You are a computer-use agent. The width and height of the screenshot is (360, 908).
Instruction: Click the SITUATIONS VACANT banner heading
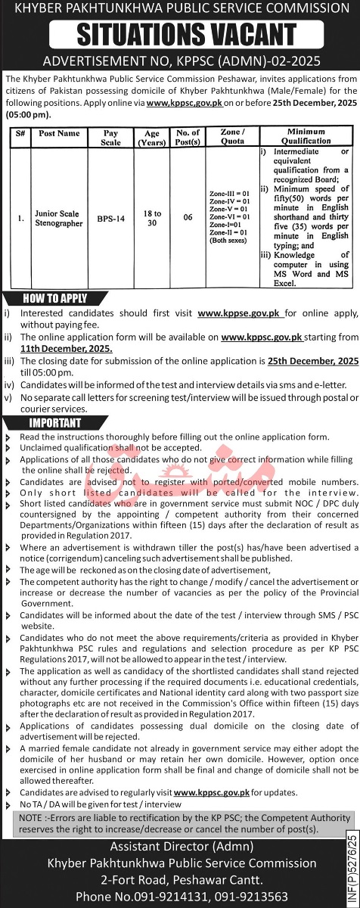click(180, 34)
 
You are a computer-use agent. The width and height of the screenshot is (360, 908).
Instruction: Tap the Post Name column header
click(59, 134)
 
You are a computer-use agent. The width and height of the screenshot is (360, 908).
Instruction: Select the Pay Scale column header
click(110, 137)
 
